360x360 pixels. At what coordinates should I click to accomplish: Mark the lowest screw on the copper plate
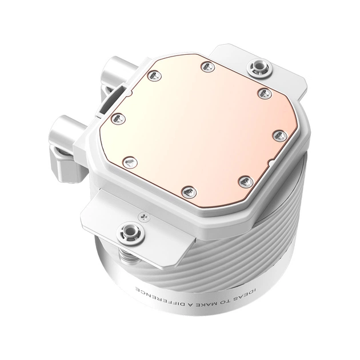[189, 191]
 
